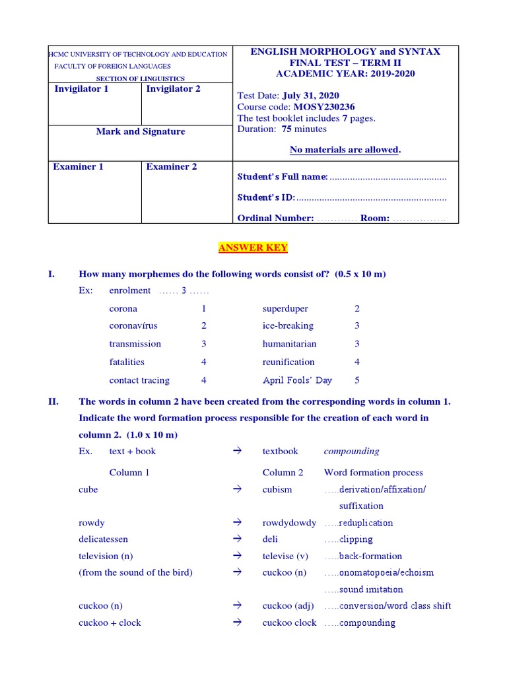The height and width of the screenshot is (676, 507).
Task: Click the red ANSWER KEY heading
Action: tap(253, 248)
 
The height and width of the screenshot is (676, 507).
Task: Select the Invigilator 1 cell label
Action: tap(81, 89)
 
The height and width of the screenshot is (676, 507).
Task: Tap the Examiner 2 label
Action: tap(172, 167)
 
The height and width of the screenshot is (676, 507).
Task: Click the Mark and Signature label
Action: tap(141, 131)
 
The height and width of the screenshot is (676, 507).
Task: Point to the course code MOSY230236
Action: tap(330, 107)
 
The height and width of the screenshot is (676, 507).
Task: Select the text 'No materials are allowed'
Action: tap(345, 150)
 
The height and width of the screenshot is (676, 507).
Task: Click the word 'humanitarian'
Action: tap(289, 344)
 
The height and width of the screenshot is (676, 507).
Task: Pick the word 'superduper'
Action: tap(285, 308)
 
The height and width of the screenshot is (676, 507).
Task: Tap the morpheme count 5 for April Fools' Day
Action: tap(357, 380)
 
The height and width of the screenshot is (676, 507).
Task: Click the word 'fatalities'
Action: tap(127, 362)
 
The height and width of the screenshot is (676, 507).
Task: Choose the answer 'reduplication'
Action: tap(366, 523)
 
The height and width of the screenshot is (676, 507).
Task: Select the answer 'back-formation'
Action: tap(370, 556)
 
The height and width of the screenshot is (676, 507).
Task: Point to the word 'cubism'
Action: tap(277, 489)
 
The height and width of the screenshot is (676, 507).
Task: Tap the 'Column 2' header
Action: tap(283, 473)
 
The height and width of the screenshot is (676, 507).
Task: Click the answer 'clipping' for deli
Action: tap(356, 539)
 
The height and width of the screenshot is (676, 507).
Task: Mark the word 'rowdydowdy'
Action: tap(289, 523)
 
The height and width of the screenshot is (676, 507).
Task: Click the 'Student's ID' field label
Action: tap(266, 197)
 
